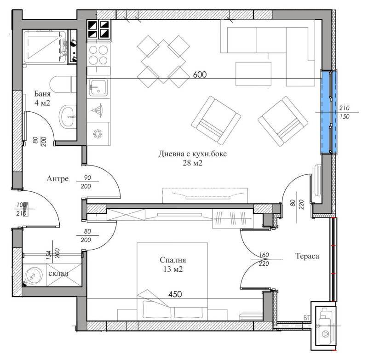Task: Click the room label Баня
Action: point(42,95)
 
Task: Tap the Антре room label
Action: point(57,178)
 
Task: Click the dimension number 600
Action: point(200,75)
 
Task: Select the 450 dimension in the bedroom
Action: point(174,294)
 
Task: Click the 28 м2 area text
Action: point(193,163)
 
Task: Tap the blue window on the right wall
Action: point(329,112)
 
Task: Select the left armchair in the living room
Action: point(216,120)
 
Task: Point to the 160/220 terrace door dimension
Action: point(260,260)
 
